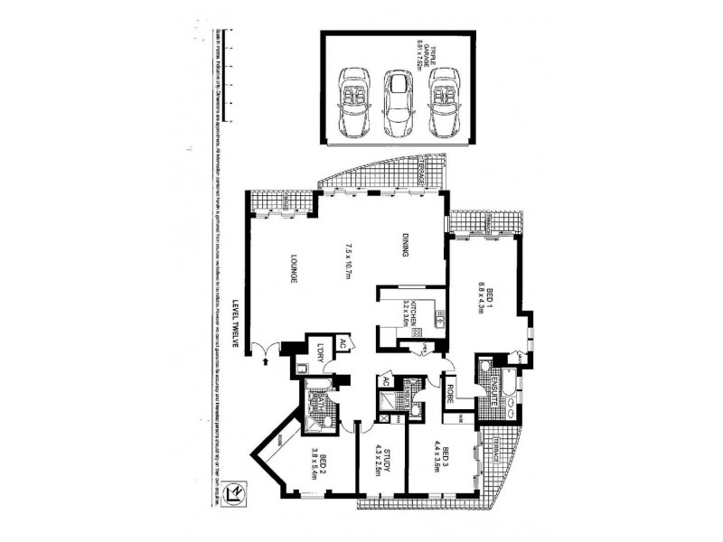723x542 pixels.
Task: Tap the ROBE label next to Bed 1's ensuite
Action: click(x=450, y=388)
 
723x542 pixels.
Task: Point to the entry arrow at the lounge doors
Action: click(x=265, y=360)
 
